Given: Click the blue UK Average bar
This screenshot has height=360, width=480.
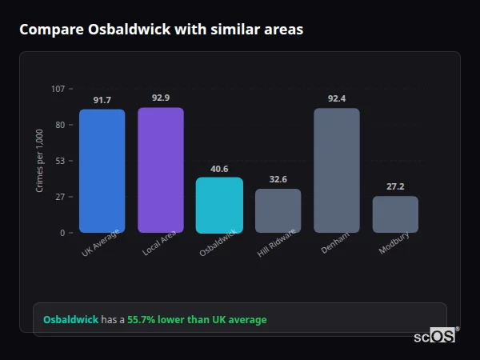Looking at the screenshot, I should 102,171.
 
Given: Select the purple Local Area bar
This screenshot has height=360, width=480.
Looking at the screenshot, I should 161,170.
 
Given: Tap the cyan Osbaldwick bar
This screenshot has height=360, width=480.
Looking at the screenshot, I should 219,206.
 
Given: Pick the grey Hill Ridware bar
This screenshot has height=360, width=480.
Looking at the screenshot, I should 278,211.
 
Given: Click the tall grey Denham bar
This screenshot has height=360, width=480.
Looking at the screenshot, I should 337,170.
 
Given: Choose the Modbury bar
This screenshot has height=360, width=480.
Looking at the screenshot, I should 395,214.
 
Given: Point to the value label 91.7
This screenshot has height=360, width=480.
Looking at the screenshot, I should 102,101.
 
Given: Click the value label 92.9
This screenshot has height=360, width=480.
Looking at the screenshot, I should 161,98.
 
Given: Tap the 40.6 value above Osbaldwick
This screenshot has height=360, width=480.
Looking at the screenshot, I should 219,169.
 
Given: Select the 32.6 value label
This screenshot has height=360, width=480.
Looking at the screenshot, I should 278,180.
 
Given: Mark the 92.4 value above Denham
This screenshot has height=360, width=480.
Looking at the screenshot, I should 337,99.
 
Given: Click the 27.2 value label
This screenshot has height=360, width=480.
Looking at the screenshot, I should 395,186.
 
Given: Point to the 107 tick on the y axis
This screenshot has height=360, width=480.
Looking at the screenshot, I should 58,89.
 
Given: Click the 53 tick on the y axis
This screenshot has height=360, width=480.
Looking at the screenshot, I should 60,161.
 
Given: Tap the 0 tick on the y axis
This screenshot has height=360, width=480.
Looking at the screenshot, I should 62,233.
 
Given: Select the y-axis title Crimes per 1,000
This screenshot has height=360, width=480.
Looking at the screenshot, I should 39,161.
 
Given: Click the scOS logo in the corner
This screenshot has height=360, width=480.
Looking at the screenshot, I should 434,336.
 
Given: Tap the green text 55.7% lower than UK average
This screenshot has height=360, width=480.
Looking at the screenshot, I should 197,320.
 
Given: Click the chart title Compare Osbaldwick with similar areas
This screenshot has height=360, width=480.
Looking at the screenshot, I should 161,30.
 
